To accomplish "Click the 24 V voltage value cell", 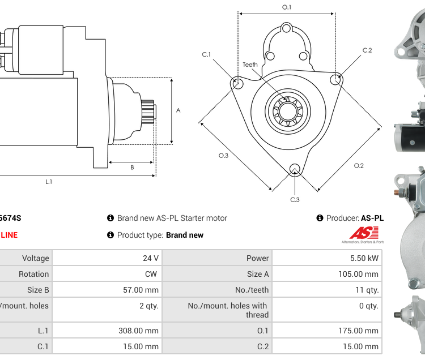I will (x=150, y=258).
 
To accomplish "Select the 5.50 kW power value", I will (x=365, y=258).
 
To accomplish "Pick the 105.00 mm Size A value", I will (x=359, y=274).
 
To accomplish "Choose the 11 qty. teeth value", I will (x=365, y=290).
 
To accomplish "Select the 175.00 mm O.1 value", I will (x=359, y=331).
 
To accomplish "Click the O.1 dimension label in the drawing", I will (x=287, y=7).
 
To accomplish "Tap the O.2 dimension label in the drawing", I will (x=359, y=165).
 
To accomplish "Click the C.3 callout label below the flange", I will (x=295, y=199).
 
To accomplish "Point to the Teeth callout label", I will (x=250, y=65).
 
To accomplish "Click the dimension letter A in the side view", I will (x=178, y=110).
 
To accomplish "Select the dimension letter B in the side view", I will (x=132, y=167).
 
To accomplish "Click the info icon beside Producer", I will (x=320, y=218).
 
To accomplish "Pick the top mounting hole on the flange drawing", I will (x=287, y=28).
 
